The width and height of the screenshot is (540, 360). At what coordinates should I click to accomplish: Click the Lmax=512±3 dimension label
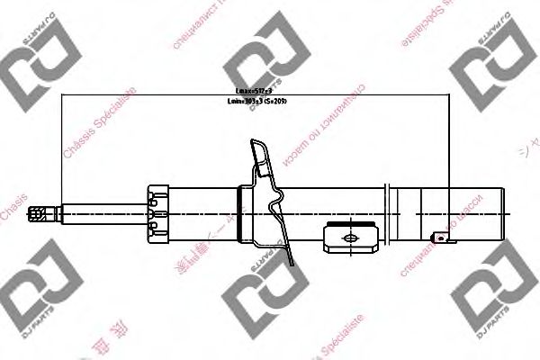pyautogui.click(x=255, y=91)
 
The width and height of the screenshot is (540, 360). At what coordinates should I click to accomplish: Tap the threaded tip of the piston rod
pyautogui.click(x=39, y=213)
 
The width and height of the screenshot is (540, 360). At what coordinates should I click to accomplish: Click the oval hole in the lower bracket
pyautogui.click(x=349, y=238)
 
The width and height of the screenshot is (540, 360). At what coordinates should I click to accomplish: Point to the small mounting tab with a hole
pyautogui.click(x=440, y=238)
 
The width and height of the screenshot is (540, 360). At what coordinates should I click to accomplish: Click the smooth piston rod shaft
pyautogui.click(x=99, y=213)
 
